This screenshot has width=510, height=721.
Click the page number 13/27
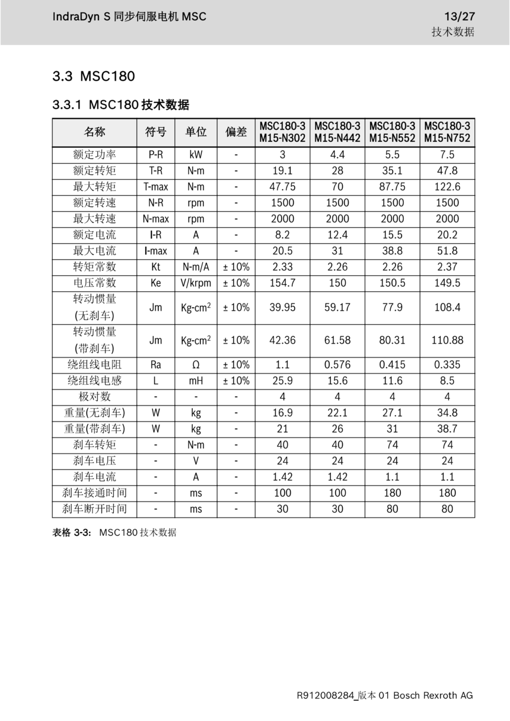460,17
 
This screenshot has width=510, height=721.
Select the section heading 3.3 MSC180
94,76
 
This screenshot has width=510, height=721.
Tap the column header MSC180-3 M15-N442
337,132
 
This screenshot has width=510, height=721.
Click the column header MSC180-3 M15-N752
447,132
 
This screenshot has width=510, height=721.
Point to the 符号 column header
156,132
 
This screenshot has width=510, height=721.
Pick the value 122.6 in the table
447,187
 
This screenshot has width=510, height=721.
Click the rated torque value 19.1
282,171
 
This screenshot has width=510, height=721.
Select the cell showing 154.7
282,283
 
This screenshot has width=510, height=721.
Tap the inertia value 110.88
447,340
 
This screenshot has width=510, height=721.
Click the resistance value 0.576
337,365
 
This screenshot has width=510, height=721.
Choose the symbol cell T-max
156,187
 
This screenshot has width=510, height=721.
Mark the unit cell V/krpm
196,283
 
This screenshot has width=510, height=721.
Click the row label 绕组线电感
95,381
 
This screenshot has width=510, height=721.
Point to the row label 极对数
95,397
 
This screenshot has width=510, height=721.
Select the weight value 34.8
447,413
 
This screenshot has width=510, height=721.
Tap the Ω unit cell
196,365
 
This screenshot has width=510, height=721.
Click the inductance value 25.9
282,381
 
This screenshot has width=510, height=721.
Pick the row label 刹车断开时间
95,509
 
